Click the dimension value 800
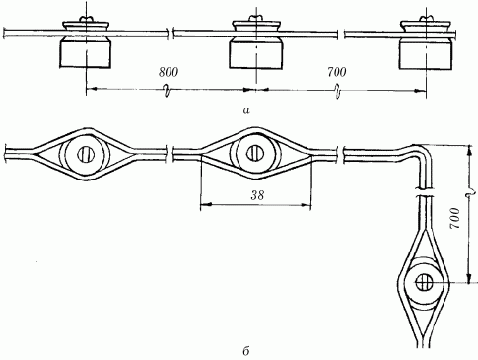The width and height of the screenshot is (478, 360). tap(169, 72)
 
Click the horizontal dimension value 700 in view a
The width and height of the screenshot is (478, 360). tap(337, 72)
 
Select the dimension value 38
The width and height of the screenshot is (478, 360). tap(257, 195)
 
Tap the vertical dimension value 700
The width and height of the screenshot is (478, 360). tap(455, 219)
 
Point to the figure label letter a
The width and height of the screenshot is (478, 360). tap(246, 110)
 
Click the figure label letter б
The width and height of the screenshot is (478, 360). tap(246, 351)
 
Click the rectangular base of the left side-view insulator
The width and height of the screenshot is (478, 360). tap(86, 53)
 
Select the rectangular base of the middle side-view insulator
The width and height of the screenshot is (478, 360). tap(256, 54)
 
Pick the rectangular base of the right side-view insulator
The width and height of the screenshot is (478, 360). tap(426, 55)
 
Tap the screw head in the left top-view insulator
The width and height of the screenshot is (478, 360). tap(86, 154)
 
